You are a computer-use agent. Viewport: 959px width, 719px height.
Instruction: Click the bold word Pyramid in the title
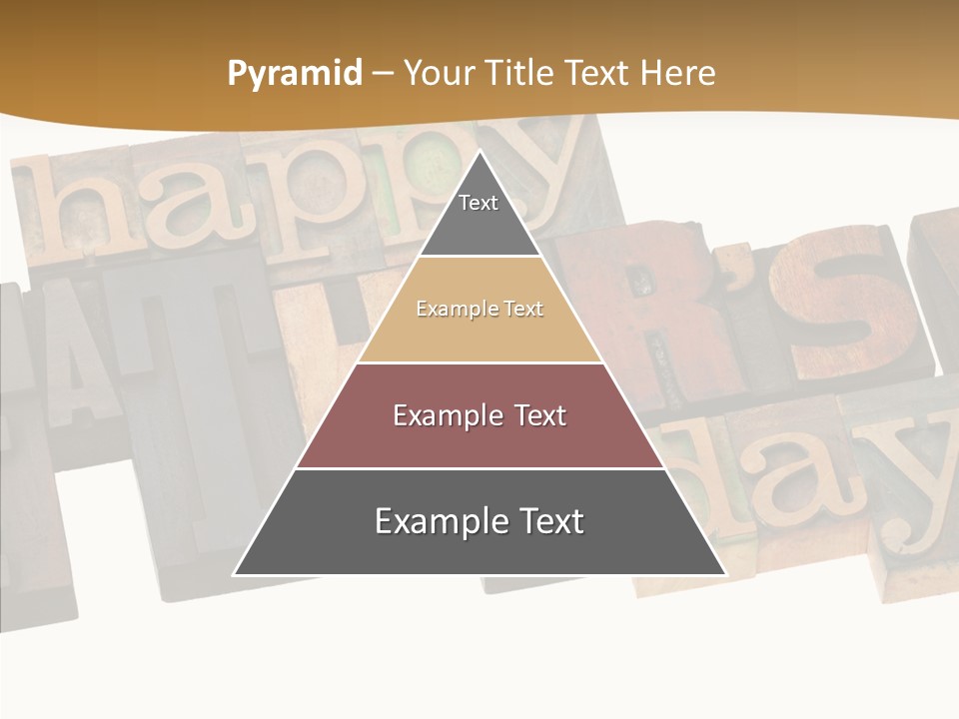click(x=295, y=74)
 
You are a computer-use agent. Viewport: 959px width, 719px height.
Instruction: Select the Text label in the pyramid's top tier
click(x=479, y=203)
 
